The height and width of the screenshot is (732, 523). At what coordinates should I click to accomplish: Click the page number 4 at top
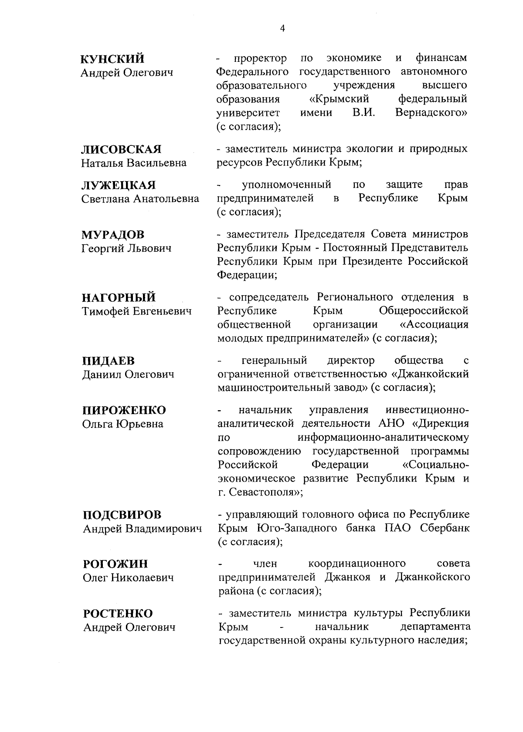[282, 29]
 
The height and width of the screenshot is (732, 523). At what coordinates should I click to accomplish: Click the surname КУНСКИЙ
[113, 59]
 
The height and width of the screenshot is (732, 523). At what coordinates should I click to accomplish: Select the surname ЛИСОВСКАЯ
[122, 149]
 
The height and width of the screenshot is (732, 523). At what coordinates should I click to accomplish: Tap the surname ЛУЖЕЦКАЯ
[119, 186]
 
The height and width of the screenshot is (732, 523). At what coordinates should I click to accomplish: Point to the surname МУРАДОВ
[113, 235]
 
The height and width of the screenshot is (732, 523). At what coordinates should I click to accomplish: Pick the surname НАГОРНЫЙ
[119, 298]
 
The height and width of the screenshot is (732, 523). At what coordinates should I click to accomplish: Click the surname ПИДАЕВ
[109, 361]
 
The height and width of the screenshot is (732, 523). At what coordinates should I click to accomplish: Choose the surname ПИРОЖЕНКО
[124, 411]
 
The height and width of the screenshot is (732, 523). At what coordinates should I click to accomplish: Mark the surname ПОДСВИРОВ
[122, 515]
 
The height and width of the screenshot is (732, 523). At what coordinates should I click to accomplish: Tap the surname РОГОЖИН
[115, 564]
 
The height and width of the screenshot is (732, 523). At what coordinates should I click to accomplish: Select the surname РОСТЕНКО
[118, 614]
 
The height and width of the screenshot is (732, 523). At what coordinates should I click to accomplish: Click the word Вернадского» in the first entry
[431, 113]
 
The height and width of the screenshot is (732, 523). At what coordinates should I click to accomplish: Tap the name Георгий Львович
[127, 249]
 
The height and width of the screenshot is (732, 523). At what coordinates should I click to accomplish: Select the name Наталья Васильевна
[134, 163]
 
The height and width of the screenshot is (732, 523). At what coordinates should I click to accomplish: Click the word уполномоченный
[286, 185]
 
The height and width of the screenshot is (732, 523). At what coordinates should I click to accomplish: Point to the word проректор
[261, 58]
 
